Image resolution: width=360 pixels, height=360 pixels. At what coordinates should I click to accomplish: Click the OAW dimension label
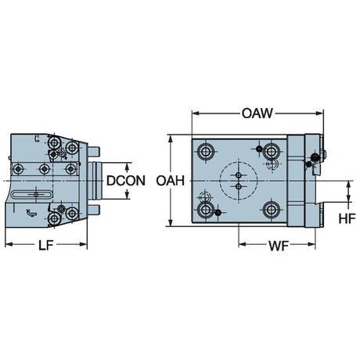[x=257, y=113]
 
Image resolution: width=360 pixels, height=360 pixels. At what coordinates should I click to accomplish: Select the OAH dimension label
[x=171, y=181]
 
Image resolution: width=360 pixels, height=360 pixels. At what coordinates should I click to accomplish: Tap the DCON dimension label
[x=126, y=181]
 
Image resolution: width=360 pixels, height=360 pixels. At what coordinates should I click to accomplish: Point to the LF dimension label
[x=46, y=245]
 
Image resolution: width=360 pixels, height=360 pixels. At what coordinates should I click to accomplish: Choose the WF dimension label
[x=279, y=246]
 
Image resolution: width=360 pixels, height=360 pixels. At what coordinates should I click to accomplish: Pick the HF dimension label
[x=347, y=218]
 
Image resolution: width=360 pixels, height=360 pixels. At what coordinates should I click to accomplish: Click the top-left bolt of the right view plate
[x=206, y=151]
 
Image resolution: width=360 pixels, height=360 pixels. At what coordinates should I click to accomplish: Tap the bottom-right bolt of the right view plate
[x=272, y=210]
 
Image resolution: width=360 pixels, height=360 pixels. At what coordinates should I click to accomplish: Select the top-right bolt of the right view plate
[x=272, y=151]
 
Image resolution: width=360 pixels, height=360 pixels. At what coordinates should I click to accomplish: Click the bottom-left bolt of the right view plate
[x=206, y=210]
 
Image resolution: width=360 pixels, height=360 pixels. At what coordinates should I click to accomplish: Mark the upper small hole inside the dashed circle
[x=239, y=175]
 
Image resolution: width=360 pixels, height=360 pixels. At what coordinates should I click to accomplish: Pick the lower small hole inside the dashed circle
[x=239, y=186]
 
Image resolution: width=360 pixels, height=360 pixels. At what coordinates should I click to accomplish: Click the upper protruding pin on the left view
[x=93, y=152]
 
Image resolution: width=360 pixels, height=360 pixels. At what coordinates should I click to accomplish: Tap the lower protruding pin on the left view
[x=93, y=210]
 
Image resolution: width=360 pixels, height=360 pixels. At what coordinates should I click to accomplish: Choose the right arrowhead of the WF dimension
[x=311, y=244]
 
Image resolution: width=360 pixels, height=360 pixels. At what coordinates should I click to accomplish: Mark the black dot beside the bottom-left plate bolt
[x=218, y=213]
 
